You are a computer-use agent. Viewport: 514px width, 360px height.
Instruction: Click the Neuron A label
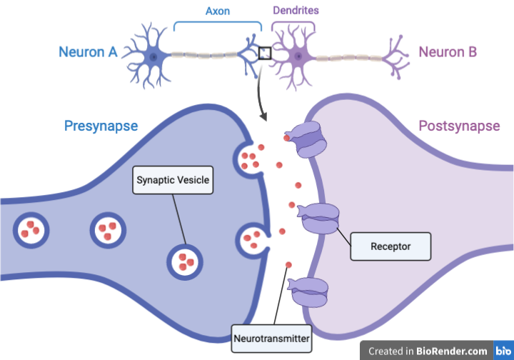point(88,52)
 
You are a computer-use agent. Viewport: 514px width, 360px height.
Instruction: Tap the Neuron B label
point(448,52)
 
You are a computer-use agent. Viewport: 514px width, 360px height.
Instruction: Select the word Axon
point(218,11)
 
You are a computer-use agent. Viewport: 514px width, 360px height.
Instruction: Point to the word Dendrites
point(296,11)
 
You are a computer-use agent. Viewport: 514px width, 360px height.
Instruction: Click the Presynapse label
point(101,126)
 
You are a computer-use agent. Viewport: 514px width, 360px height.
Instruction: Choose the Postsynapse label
point(459,126)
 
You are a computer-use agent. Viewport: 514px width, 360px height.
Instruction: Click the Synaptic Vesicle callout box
point(173,180)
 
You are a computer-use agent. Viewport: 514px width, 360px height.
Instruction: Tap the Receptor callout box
point(390,246)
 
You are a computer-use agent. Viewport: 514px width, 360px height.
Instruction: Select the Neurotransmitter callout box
point(271,339)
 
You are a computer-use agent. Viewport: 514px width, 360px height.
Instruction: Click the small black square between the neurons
point(265,54)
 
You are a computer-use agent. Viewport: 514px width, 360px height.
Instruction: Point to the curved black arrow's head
point(263,116)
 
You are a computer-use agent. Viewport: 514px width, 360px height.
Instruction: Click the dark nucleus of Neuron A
point(153,57)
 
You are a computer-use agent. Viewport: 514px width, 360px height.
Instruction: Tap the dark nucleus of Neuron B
point(298,56)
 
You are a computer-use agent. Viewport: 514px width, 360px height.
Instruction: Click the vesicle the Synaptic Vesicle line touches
point(185,262)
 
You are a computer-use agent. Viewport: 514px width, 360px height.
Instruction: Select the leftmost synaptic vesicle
point(31,230)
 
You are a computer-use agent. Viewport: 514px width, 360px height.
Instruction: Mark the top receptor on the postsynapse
point(308,139)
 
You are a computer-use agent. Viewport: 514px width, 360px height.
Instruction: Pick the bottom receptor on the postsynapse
point(308,292)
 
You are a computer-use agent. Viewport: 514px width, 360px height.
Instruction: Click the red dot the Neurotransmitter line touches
point(288,265)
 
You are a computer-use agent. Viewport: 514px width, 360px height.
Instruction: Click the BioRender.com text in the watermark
point(452,351)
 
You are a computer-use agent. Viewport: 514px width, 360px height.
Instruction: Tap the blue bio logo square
point(503,351)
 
